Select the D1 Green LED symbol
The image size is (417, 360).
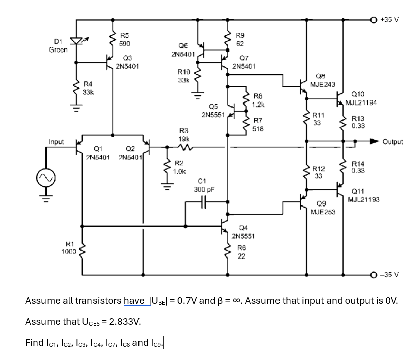(x=76, y=41)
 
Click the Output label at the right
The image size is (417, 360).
(x=393, y=142)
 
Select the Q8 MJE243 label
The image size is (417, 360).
(x=319, y=80)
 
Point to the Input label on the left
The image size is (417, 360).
(x=56, y=142)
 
